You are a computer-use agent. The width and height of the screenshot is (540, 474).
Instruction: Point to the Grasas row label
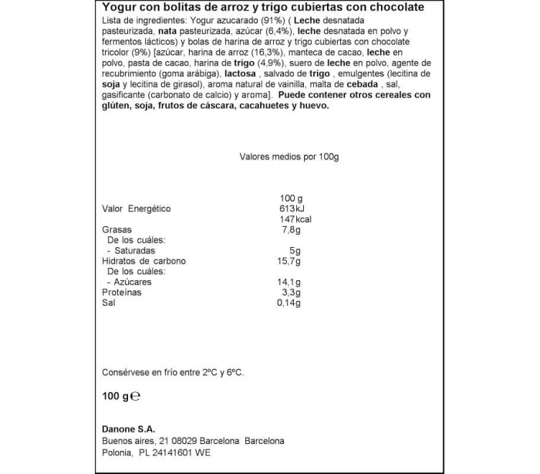pyautogui.click(x=117, y=229)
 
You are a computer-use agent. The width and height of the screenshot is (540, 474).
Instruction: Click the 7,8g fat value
pyautogui.click(x=290, y=229)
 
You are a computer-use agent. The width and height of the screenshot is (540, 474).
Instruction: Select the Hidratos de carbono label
pyautogui.click(x=144, y=261)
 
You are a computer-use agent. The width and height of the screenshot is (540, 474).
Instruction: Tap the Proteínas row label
pyautogui.click(x=122, y=293)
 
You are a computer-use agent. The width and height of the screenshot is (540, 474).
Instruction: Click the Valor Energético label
pyautogui.click(x=137, y=208)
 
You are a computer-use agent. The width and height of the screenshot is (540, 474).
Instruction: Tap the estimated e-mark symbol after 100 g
pyautogui.click(x=134, y=397)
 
